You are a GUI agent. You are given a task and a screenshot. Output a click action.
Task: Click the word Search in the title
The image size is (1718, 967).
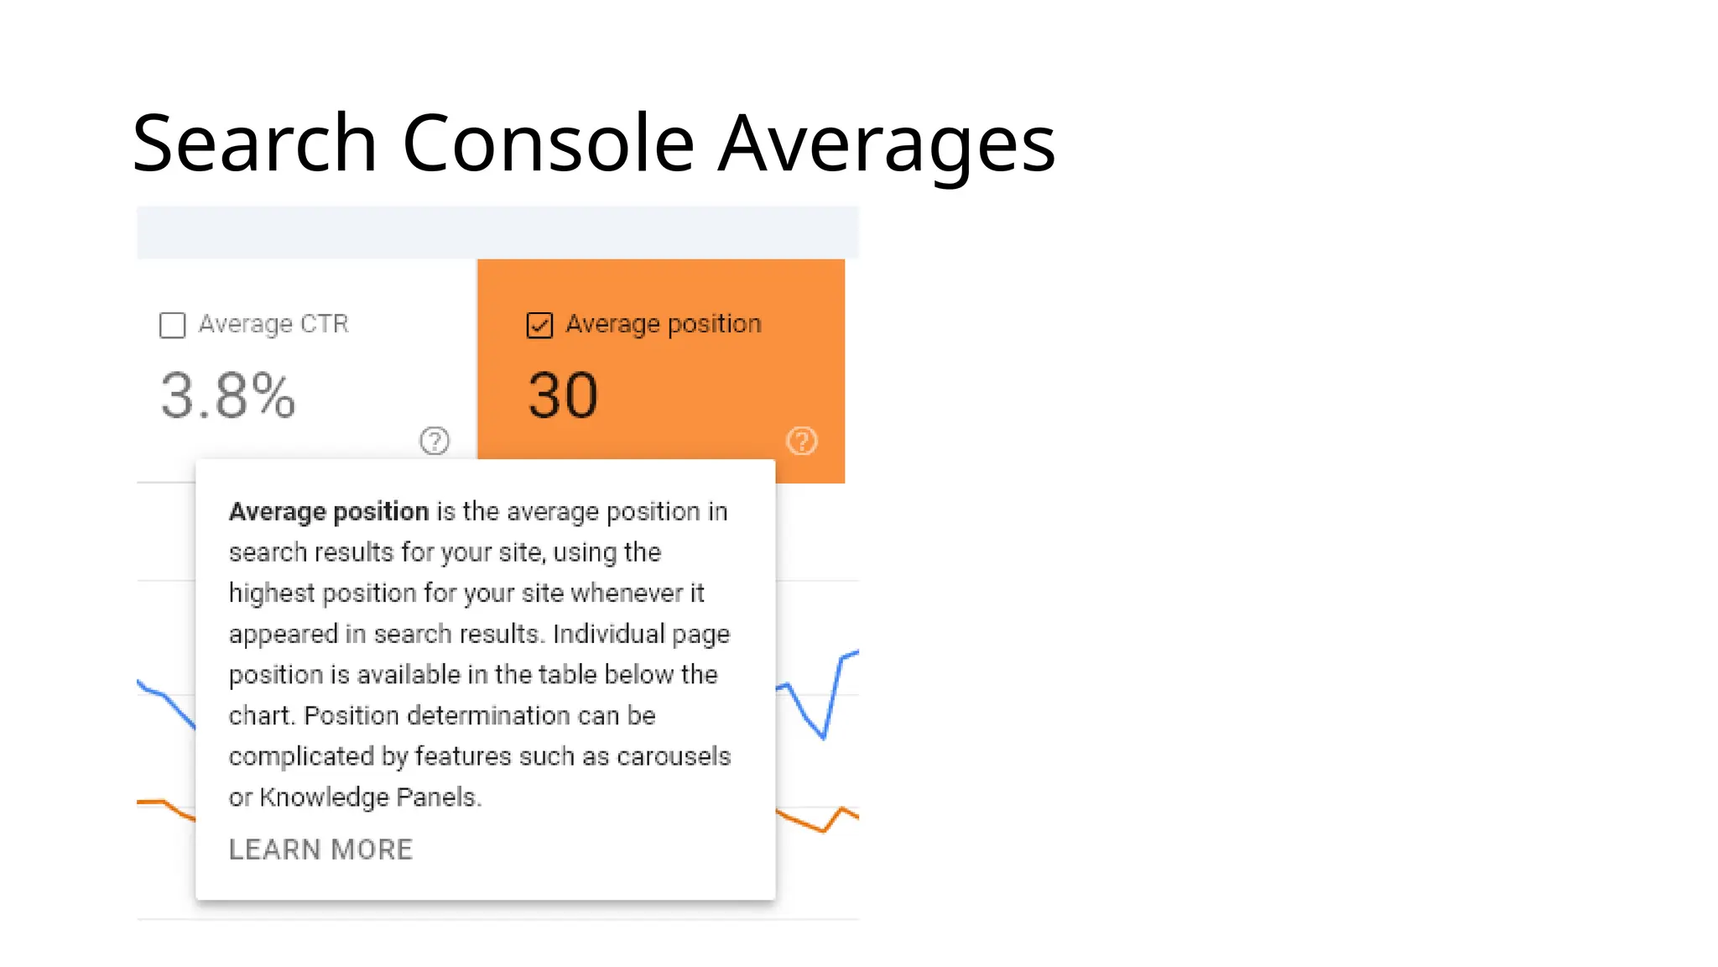click(x=254, y=144)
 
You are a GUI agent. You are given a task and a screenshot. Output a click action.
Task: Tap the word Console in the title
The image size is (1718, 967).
click(x=549, y=144)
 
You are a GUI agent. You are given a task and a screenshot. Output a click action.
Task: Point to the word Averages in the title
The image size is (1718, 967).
click(x=887, y=144)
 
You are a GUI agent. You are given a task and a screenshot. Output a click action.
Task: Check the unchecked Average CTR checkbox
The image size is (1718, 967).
click(x=172, y=325)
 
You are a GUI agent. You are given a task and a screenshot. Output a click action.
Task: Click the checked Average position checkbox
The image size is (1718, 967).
click(x=539, y=325)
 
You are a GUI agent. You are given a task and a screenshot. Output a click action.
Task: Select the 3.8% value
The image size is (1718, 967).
click(x=227, y=395)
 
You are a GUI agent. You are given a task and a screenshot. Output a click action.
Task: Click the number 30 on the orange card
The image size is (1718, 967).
click(x=563, y=395)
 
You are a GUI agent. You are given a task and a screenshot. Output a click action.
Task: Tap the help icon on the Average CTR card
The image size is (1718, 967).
click(x=435, y=441)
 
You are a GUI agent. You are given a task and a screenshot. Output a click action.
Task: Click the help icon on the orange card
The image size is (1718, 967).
click(x=801, y=441)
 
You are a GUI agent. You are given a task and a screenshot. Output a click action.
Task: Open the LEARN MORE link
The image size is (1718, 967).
click(x=320, y=849)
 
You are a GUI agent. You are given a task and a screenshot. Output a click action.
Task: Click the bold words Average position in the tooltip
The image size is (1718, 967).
click(x=329, y=511)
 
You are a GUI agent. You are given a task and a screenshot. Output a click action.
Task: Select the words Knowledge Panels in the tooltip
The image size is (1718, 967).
click(x=368, y=797)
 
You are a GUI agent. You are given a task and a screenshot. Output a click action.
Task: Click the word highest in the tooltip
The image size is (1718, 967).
click(x=273, y=593)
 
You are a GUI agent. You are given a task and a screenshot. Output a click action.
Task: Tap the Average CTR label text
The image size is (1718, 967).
click(x=273, y=324)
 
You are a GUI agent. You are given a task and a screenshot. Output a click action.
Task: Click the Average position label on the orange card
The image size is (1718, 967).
click(x=664, y=324)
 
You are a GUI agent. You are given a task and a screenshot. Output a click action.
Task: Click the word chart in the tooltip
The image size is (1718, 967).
click(x=259, y=715)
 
